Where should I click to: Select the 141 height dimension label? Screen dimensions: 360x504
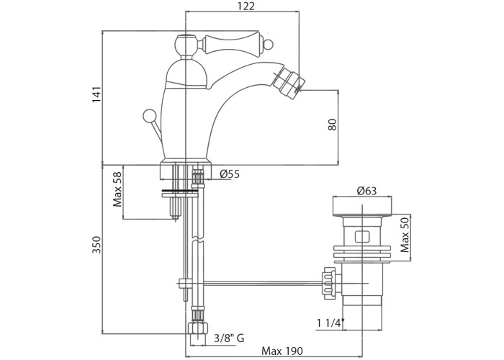[x=96, y=96]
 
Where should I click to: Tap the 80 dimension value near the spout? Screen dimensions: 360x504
[x=332, y=124]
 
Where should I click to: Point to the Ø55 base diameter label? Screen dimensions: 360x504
[x=230, y=174]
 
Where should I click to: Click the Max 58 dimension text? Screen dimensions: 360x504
[x=118, y=189]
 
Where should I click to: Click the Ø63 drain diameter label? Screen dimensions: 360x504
[x=366, y=191]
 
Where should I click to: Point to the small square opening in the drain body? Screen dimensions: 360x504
[x=363, y=236]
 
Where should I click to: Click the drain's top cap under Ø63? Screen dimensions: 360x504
[x=363, y=206]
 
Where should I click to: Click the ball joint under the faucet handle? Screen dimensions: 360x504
[x=186, y=49]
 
